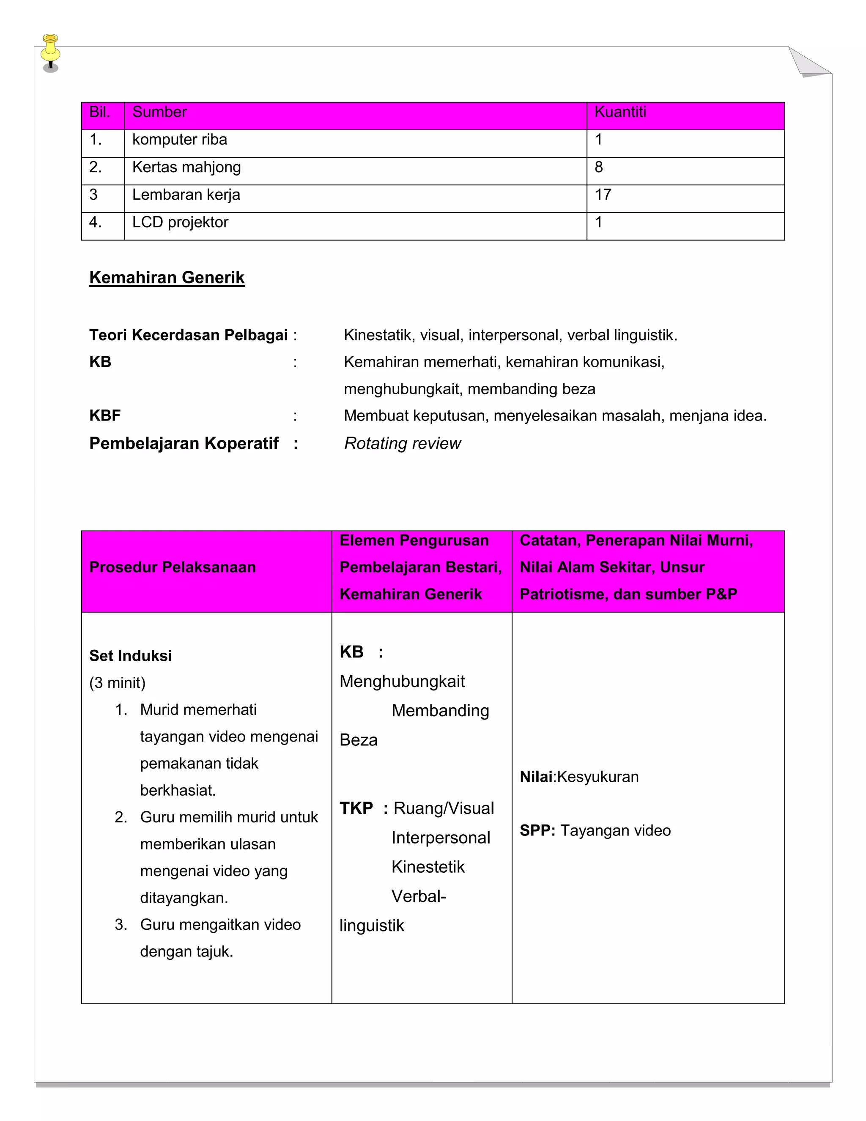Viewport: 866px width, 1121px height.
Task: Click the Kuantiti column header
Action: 620,112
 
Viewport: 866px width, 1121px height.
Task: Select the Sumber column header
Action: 159,112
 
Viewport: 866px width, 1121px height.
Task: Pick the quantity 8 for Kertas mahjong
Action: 598,168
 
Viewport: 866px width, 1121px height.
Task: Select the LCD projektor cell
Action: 180,222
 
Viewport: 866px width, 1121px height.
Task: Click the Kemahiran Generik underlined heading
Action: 167,278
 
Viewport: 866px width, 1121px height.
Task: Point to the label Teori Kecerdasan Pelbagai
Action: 188,335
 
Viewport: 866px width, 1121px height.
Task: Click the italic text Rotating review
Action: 402,443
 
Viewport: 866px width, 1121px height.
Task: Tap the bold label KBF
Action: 105,416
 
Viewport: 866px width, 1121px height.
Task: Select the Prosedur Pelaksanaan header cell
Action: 173,567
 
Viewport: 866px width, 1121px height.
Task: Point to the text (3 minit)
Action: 118,683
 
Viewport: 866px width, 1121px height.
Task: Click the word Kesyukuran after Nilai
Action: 597,777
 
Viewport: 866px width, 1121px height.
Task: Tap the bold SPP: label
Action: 537,830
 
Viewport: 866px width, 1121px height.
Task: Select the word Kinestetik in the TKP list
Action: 428,867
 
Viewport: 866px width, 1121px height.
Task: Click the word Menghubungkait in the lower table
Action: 402,681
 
